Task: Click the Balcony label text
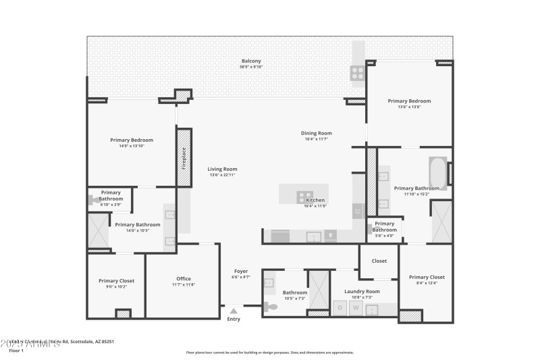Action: [x=251, y=61]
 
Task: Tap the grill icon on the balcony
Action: [x=357, y=72]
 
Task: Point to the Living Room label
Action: [x=222, y=169]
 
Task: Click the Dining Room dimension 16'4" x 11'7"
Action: [x=316, y=139]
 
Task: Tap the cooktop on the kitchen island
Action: [x=305, y=197]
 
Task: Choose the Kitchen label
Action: [x=316, y=200]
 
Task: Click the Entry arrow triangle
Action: [x=233, y=311]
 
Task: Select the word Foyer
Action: [x=241, y=271]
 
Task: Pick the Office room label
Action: [x=184, y=278]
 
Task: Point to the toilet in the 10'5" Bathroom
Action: [x=271, y=307]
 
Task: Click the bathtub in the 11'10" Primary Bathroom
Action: [x=437, y=171]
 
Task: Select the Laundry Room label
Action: [x=362, y=291]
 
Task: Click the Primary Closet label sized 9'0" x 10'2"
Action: [x=117, y=280]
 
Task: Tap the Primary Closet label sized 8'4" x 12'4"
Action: [x=427, y=277]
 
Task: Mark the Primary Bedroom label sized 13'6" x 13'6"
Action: [x=409, y=101]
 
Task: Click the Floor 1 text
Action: [x=16, y=351]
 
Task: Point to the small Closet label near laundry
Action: [x=379, y=261]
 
